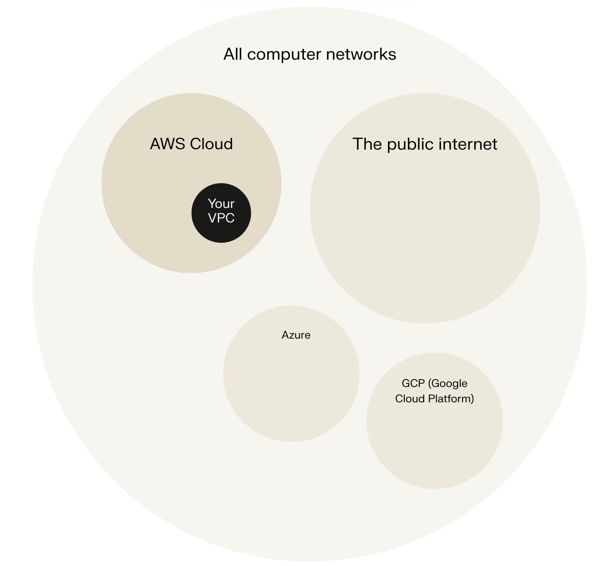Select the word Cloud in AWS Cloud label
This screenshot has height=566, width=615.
[x=211, y=144]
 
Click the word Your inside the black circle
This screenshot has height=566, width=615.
[x=221, y=203]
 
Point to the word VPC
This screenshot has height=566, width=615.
[x=221, y=218]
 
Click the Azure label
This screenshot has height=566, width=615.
[x=296, y=335]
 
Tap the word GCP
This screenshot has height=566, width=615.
[x=413, y=383]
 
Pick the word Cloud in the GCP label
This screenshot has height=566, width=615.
[x=410, y=399]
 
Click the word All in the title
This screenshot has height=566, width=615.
[x=233, y=54]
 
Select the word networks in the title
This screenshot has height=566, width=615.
[x=361, y=54]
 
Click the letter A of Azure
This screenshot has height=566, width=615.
[x=285, y=335]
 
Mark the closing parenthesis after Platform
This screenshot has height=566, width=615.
[x=472, y=399]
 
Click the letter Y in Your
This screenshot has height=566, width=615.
[x=211, y=203]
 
